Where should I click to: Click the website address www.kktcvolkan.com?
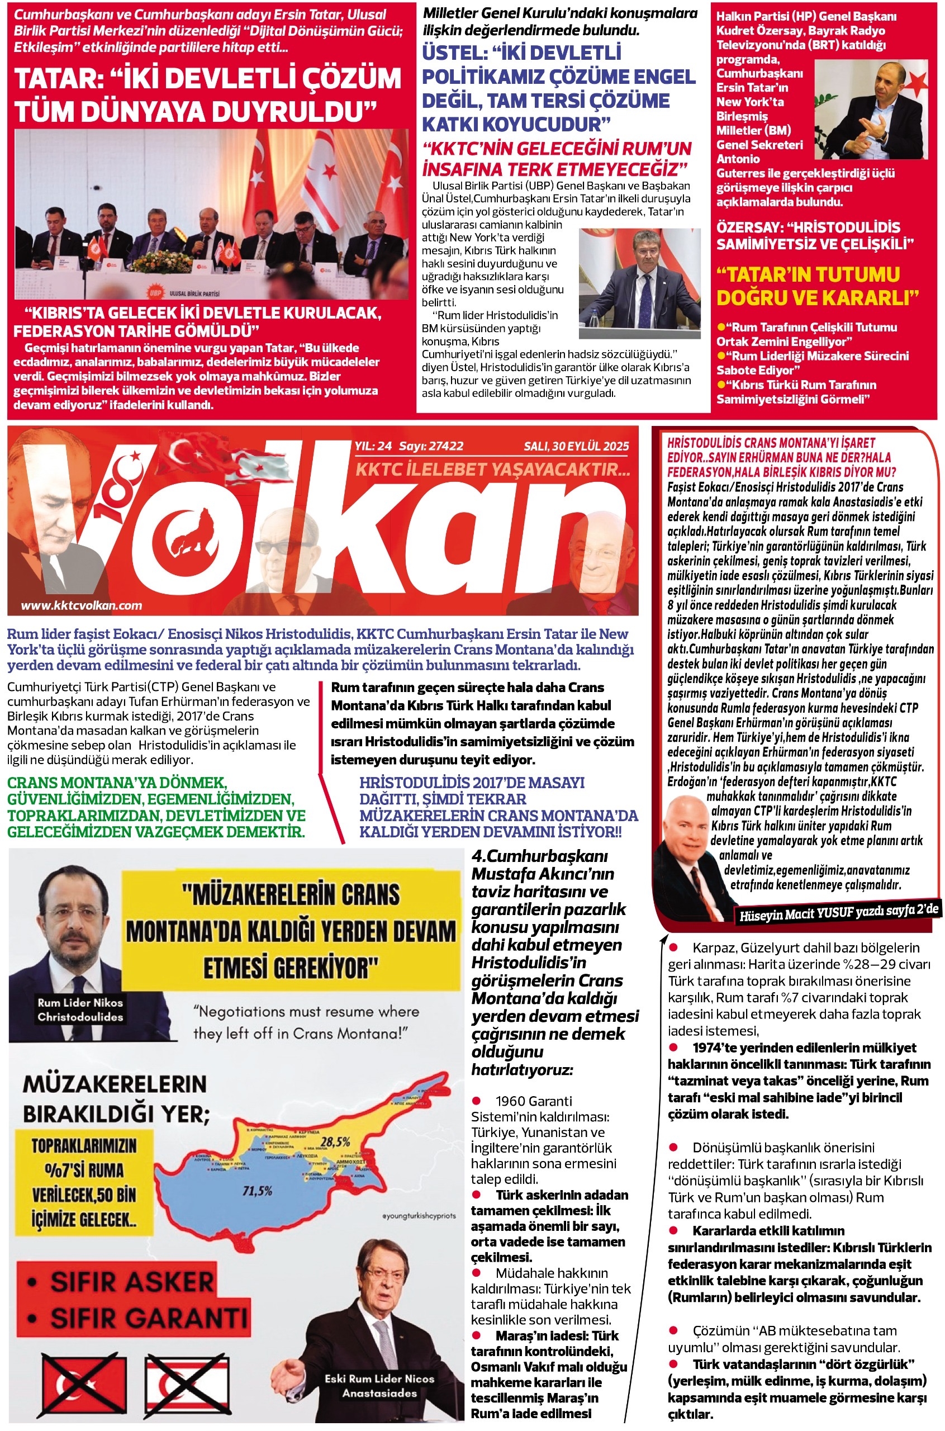(82, 605)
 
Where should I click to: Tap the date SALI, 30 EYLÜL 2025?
(576, 446)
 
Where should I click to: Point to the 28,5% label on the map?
(335, 1142)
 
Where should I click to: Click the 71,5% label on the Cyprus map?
(257, 1191)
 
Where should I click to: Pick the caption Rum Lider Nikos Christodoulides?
(80, 1010)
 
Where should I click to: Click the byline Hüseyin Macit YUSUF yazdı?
(838, 913)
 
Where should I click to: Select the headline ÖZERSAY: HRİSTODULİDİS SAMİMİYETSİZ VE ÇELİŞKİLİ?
(814, 236)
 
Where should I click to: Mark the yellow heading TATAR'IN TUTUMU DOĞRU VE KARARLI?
(817, 286)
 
